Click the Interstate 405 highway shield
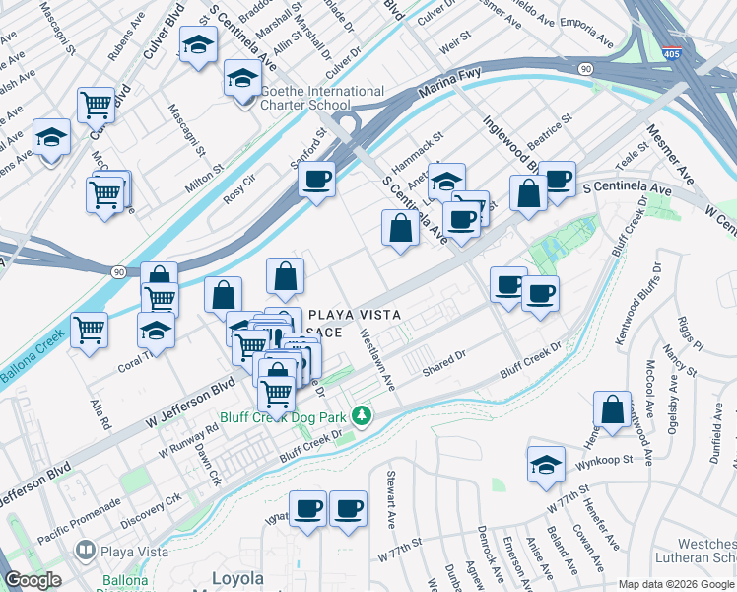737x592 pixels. click(672, 56)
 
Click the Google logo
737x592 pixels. click(33, 580)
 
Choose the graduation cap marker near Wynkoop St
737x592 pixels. click(546, 465)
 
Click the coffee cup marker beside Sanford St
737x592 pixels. click(316, 180)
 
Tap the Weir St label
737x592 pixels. click(451, 46)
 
